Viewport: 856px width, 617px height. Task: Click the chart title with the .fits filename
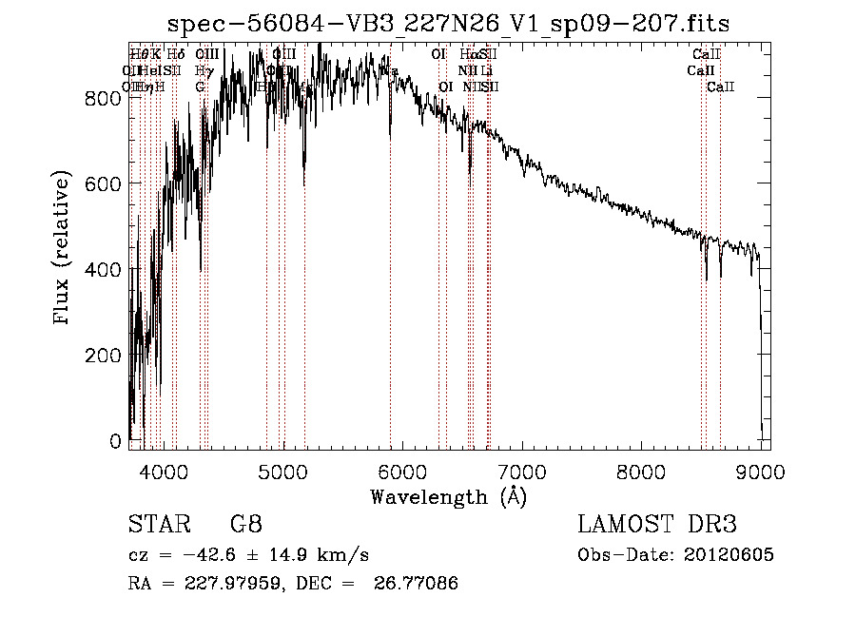[449, 24]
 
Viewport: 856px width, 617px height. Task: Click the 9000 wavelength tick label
[761, 470]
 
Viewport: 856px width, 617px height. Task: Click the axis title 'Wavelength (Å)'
[448, 496]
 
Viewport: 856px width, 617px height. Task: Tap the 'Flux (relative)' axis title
[64, 249]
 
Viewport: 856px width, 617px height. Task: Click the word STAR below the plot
[158, 525]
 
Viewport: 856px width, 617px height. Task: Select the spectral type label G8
[245, 525]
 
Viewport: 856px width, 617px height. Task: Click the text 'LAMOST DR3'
[657, 525]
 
